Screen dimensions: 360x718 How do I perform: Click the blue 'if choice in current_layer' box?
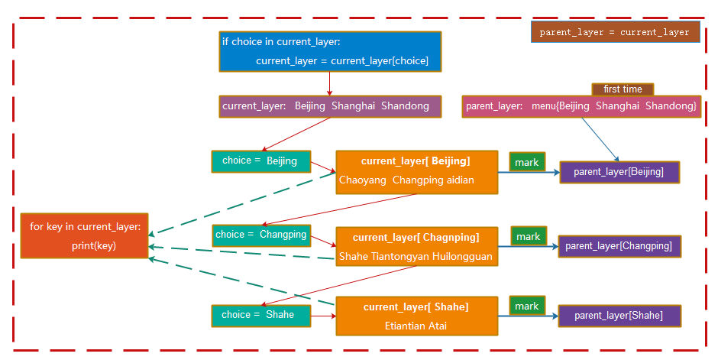click(x=330, y=51)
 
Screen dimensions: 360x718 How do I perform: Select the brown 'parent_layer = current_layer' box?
click(x=615, y=32)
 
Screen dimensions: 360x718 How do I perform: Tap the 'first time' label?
click(x=623, y=89)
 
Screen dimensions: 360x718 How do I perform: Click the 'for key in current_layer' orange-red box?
click(x=84, y=235)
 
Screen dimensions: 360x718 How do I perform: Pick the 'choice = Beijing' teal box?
click(x=260, y=161)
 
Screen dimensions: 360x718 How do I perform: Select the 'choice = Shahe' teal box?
click(x=260, y=315)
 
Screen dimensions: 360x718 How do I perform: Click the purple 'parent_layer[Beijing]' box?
click(x=619, y=172)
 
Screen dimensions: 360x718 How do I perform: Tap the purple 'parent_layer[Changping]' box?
click(x=619, y=246)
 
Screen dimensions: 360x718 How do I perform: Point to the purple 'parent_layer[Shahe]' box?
click(x=619, y=315)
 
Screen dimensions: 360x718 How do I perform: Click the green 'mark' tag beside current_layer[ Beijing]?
click(x=527, y=162)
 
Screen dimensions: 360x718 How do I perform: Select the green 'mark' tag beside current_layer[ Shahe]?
click(x=527, y=306)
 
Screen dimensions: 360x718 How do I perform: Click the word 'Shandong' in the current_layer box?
click(x=405, y=106)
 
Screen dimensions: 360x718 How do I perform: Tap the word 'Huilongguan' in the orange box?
click(x=464, y=256)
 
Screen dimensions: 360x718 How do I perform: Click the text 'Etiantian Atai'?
click(x=416, y=326)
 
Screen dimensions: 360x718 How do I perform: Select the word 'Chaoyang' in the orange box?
click(x=363, y=180)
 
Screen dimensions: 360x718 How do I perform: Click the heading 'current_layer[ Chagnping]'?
click(x=416, y=238)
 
